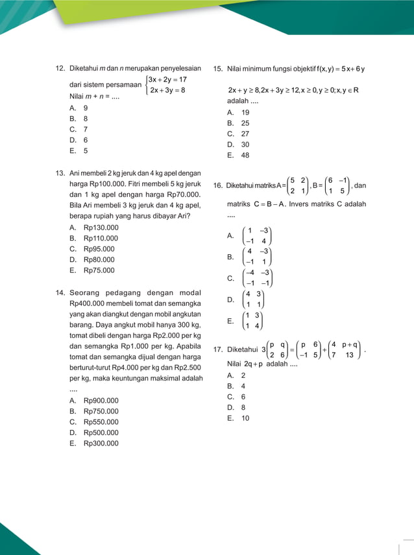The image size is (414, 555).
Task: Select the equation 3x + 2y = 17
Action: click(167, 80)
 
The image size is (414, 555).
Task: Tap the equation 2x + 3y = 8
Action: click(167, 91)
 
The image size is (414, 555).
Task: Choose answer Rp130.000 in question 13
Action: click(101, 228)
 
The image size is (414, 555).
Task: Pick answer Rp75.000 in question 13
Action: click(99, 270)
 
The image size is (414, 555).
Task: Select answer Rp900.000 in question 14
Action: click(101, 401)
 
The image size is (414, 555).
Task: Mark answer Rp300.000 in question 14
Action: click(101, 443)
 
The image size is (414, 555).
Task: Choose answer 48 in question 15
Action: click(245, 156)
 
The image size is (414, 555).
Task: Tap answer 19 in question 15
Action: click(245, 112)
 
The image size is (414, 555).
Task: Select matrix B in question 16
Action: click(337, 185)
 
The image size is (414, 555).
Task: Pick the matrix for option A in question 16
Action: click(257, 237)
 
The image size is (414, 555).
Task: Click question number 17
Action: click(217, 349)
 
